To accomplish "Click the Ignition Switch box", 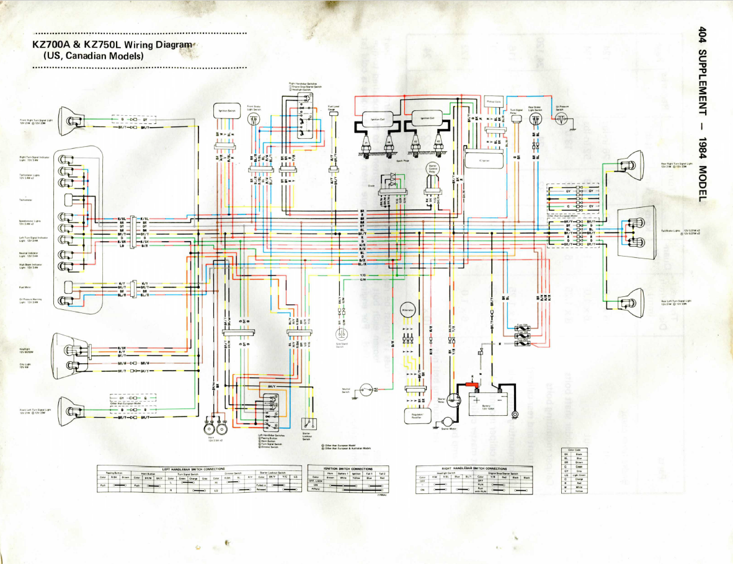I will coord(226,111).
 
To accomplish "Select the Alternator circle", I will coord(406,312).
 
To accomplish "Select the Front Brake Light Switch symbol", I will coord(253,120).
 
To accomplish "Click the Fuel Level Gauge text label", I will coord(334,108).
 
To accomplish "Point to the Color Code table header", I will coord(574,449).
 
